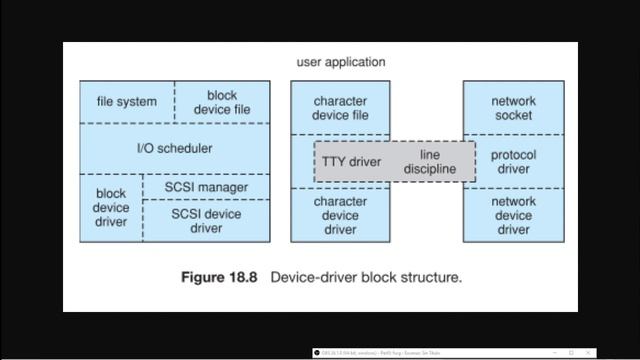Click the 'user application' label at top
[340, 62]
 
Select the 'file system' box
[127, 102]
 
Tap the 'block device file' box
[222, 102]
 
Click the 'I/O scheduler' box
[174, 148]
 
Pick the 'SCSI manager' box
[207, 186]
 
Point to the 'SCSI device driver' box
[207, 220]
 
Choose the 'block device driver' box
[111, 207]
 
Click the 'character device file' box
[340, 108]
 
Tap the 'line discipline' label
[430, 162]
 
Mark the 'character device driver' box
[340, 216]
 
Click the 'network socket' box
[513, 108]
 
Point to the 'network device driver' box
[513, 216]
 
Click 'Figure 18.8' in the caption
[219, 277]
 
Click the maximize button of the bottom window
[571, 353]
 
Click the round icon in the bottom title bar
[317, 353]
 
